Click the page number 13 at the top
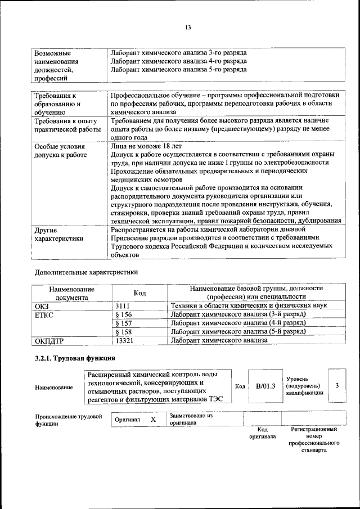188,28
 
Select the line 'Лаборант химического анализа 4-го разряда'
179,61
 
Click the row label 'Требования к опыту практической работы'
66,125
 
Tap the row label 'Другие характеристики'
59,234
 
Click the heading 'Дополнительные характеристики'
85,272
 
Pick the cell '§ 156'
123,314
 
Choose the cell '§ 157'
123,323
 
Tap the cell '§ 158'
123,332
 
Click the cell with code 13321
124,341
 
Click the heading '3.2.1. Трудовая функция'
75,358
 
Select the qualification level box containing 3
336,386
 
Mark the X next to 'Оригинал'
153,420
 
